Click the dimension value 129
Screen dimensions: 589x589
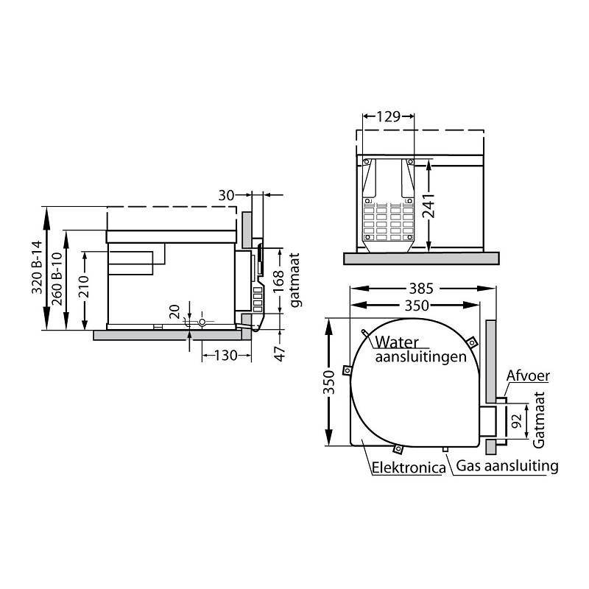pos(389,116)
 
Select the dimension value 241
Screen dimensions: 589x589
pos(428,205)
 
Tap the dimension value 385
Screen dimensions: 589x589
pos(421,289)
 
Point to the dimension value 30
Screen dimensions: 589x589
pos(226,195)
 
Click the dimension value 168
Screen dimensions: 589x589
pos(278,283)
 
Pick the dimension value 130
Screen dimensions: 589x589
pos(225,355)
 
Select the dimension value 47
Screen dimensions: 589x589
pos(280,353)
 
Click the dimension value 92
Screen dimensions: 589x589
pos(518,420)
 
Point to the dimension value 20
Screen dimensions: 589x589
pos(174,311)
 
